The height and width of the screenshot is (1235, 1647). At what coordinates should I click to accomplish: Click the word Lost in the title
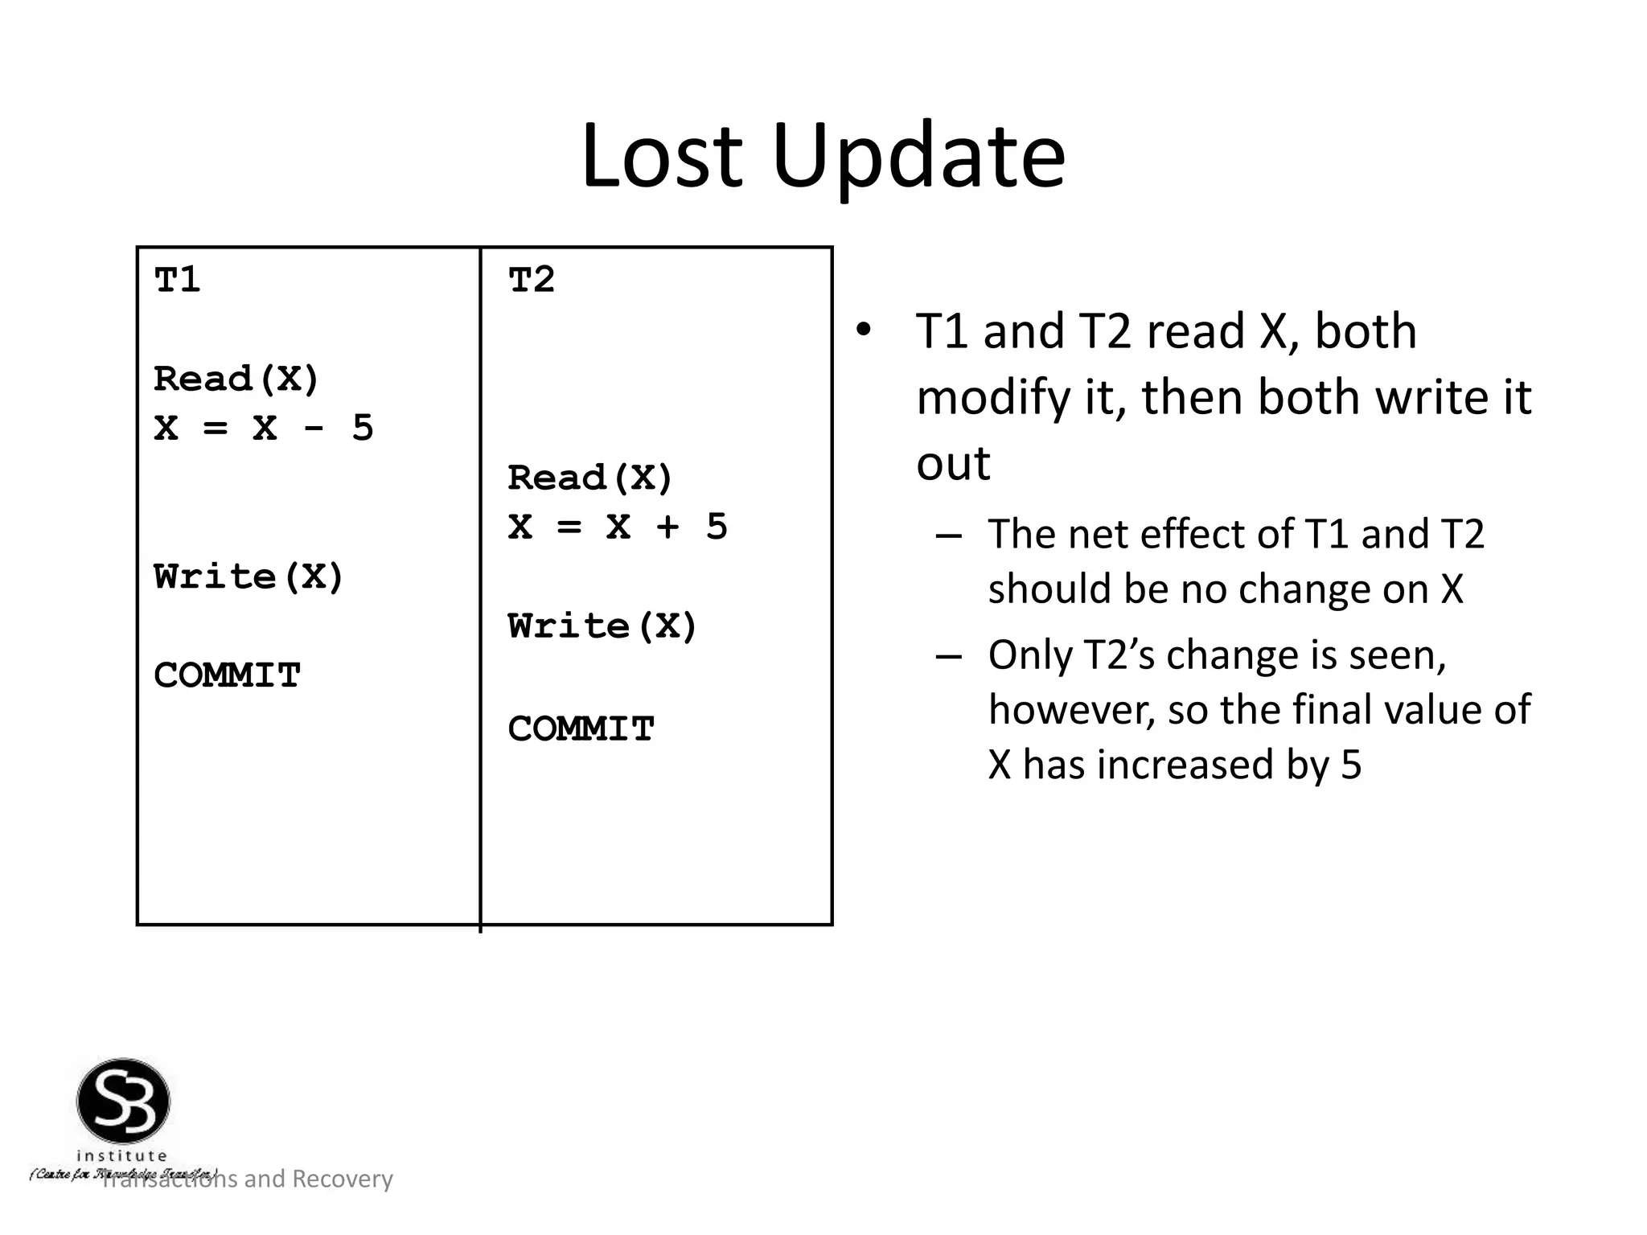click(661, 156)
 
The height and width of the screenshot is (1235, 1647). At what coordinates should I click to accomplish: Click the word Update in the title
click(918, 156)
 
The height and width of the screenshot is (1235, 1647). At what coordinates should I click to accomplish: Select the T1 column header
click(177, 280)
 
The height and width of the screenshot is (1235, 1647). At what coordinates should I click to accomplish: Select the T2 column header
click(531, 280)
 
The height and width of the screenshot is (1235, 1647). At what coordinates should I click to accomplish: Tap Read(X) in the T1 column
click(236, 379)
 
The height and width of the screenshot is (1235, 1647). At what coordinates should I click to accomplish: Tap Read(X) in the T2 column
click(589, 478)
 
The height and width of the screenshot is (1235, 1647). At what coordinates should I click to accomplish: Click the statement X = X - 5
click(263, 428)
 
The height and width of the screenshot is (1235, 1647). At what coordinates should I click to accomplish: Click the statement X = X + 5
click(617, 527)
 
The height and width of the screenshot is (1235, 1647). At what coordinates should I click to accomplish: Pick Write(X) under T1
click(248, 576)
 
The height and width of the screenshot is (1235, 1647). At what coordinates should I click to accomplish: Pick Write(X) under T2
click(602, 626)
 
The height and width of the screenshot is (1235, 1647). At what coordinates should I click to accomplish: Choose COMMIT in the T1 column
click(227, 675)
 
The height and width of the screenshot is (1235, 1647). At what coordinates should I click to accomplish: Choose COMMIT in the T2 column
click(581, 729)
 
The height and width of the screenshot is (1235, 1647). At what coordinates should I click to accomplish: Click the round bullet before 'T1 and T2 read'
click(863, 330)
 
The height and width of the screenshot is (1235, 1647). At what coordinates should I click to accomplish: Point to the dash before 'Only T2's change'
click(949, 656)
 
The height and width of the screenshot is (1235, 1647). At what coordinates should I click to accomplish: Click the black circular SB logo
click(123, 1101)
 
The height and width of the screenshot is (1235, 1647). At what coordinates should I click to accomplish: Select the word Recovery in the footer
click(342, 1179)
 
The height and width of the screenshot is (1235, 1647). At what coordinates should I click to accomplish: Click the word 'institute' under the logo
click(121, 1155)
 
